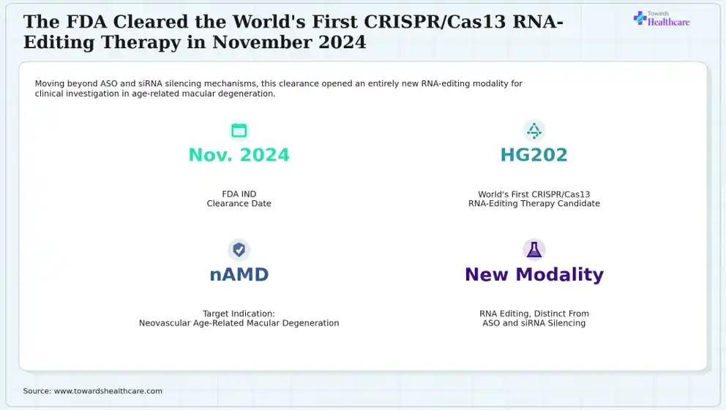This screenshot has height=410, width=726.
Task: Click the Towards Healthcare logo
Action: click(661, 18)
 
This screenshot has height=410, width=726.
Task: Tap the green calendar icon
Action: click(239, 130)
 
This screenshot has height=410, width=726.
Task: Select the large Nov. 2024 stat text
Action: click(239, 155)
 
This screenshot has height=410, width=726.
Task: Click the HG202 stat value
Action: click(534, 155)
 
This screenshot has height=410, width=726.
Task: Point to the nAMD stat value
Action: click(239, 275)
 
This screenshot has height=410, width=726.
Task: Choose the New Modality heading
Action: click(534, 275)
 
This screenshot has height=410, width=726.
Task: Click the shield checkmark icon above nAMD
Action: click(239, 250)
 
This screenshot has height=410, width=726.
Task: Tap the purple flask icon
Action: click(534, 250)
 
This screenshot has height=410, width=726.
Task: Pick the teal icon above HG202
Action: click(534, 130)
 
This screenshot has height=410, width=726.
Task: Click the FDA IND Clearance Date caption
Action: click(239, 199)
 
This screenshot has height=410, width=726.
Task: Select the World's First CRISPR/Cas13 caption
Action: click(534, 194)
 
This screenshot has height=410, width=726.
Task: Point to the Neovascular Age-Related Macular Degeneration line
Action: click(239, 323)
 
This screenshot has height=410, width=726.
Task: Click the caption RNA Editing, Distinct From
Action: click(534, 314)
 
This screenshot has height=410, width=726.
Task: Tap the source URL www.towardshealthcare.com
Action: click(108, 391)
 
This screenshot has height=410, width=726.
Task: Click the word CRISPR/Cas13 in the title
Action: click(435, 22)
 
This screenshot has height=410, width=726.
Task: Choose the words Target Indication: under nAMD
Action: click(239, 314)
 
